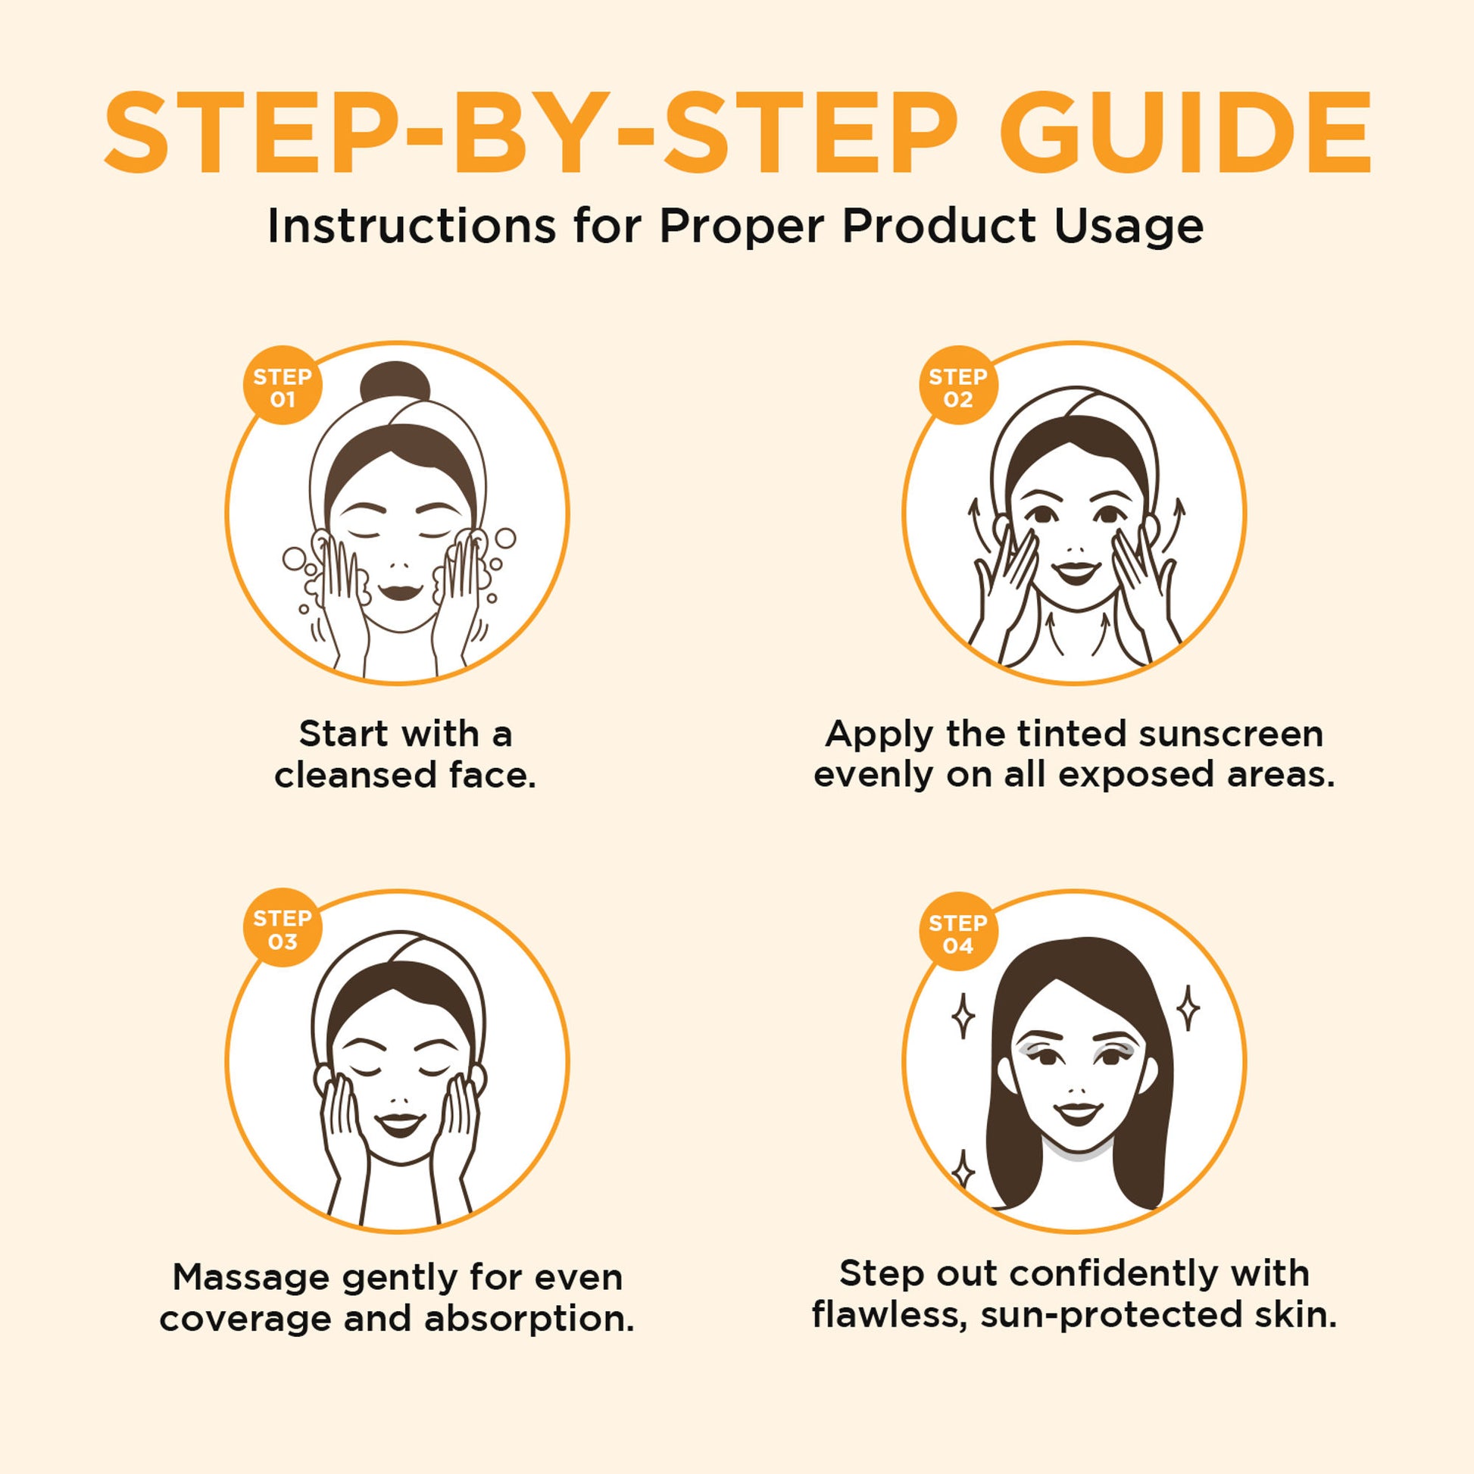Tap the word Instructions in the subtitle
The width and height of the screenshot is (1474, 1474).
pos(411,226)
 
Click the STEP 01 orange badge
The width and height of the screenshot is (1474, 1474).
pos(283,387)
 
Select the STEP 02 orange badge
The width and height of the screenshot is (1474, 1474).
pos(958,387)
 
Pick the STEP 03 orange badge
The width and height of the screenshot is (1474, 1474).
pos(283,929)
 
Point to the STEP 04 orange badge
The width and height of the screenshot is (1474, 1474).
pos(958,933)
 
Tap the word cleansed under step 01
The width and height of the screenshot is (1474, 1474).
pos(355,776)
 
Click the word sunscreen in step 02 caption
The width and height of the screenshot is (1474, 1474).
pos(1232,735)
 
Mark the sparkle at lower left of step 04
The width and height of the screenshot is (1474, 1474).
pos(963,1170)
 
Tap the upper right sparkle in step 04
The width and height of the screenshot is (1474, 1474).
pos(1187,1008)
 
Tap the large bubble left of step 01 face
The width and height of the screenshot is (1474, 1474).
pos(295,559)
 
